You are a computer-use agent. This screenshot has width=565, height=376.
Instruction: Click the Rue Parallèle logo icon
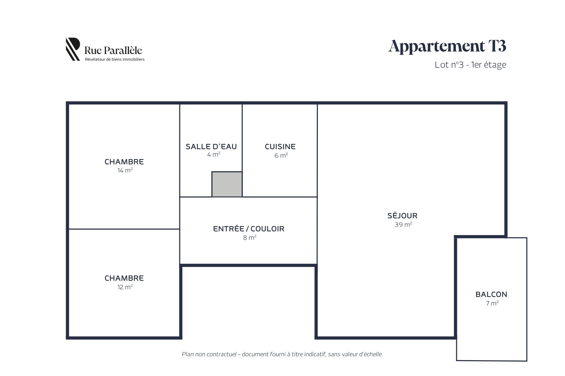73,49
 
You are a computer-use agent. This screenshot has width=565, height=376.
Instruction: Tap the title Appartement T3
447,46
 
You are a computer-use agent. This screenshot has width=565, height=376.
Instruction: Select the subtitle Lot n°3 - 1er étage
470,65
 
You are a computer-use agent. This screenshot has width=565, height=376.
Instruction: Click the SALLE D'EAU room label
211,146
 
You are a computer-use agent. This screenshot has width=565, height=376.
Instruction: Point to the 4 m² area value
214,154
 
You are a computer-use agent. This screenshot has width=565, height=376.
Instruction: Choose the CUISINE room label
280,146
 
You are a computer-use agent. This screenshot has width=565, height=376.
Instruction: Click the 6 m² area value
281,155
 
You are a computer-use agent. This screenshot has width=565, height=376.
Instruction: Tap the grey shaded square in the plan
227,184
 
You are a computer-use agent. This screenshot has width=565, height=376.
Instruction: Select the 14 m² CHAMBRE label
124,162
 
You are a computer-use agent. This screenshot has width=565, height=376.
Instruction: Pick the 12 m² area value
125,287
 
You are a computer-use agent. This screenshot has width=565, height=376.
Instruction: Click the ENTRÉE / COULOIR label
249,229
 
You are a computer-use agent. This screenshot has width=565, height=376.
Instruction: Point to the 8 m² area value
250,237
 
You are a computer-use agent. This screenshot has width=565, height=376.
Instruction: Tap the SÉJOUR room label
402,216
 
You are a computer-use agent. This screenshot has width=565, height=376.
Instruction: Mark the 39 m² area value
403,224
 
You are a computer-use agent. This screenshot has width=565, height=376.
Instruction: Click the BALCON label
491,295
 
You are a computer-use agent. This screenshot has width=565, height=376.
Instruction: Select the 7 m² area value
492,303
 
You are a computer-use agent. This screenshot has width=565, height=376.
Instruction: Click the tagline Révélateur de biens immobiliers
115,60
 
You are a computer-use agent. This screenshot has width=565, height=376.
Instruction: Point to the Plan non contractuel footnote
282,354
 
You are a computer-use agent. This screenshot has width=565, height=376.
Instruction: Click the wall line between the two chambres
124,229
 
